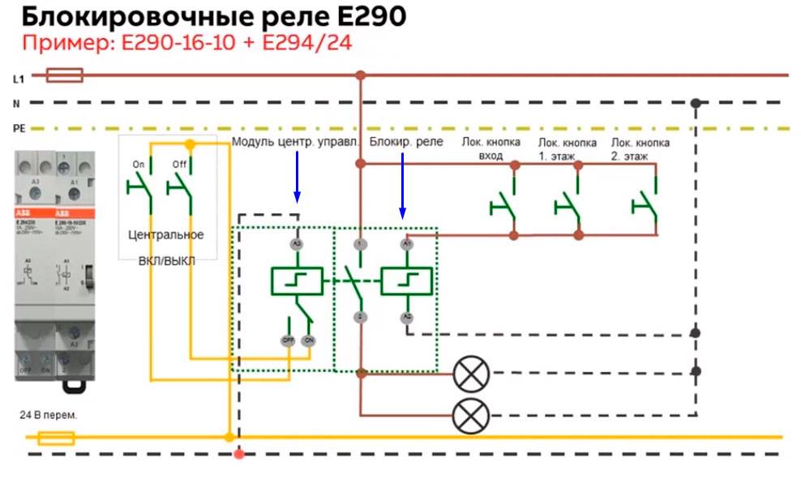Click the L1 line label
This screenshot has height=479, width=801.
(18, 79)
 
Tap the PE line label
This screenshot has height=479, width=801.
(19, 129)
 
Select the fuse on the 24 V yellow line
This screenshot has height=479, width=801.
(58, 438)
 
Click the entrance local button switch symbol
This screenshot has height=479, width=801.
(505, 203)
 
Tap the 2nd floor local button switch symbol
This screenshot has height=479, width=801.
(646, 203)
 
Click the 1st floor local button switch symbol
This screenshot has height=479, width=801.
(569, 203)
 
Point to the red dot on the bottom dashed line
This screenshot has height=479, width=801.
(238, 454)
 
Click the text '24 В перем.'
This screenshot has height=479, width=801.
(49, 415)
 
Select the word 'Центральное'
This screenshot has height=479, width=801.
(166, 235)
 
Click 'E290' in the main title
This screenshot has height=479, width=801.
(371, 18)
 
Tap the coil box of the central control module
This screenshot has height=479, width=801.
(297, 281)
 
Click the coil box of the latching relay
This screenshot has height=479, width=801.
(407, 281)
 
